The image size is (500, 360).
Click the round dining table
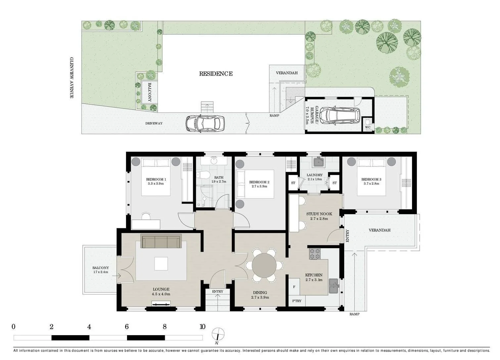pyautogui.click(x=264, y=265)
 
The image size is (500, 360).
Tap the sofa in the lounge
pyautogui.click(x=161, y=241)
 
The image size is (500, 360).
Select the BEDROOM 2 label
pyautogui.click(x=259, y=182)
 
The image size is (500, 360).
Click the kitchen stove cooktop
pyautogui.click(x=315, y=254)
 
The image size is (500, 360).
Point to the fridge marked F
pyautogui.click(x=294, y=287)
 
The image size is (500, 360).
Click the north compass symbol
pyautogui.click(x=218, y=335)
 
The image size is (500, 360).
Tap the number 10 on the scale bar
pyautogui.click(x=202, y=327)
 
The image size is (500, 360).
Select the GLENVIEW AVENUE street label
pyautogui.click(x=72, y=78)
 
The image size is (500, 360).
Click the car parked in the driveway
pyautogui.click(x=205, y=123)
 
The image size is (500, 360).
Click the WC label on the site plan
pyautogui.click(x=368, y=127)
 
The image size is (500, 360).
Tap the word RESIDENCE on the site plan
pyautogui.click(x=216, y=74)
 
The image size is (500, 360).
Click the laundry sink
pyautogui.click(x=319, y=162)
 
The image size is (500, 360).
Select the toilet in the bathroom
pyautogui.click(x=203, y=175)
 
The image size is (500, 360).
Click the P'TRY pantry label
pyautogui.click(x=297, y=301)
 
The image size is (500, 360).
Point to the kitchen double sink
pyautogui.click(x=334, y=286)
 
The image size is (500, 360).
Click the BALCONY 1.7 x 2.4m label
pyautogui.click(x=101, y=270)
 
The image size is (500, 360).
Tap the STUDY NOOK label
pyautogui.click(x=319, y=214)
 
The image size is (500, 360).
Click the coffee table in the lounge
pyautogui.click(x=161, y=264)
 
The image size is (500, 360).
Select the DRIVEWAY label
pyautogui.click(x=154, y=123)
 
